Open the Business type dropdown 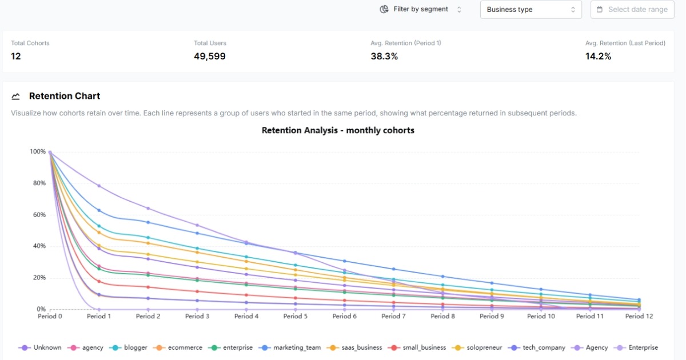(x=531, y=10)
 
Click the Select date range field (x=632, y=10)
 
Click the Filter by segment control (x=420, y=9)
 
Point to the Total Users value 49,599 (x=210, y=56)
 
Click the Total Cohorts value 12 (x=16, y=56)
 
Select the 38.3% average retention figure (x=384, y=56)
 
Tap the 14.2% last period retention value (x=598, y=56)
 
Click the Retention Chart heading (x=65, y=96)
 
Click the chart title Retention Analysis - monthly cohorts (x=338, y=130)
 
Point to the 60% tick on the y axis (x=38, y=215)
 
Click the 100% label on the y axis (x=37, y=151)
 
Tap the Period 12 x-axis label (x=638, y=316)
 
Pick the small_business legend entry (x=420, y=347)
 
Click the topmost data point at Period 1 (x=99, y=186)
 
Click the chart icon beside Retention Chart (x=16, y=96)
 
